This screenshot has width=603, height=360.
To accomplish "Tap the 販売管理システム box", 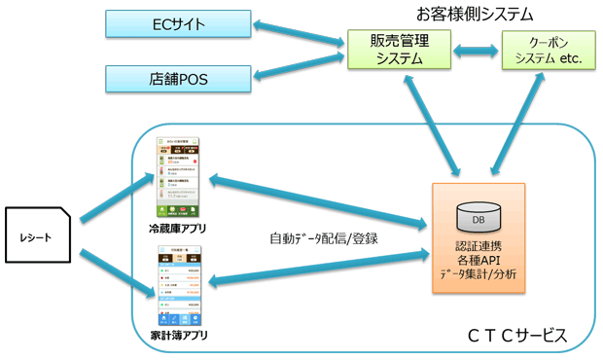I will (399, 49).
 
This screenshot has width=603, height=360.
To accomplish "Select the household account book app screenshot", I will (178, 286).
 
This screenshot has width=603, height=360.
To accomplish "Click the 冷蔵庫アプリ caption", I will (177, 230).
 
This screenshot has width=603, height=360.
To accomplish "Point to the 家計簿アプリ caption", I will (178, 336).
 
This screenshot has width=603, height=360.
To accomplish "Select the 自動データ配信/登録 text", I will (323, 237).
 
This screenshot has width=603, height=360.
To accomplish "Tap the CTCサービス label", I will (516, 336).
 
